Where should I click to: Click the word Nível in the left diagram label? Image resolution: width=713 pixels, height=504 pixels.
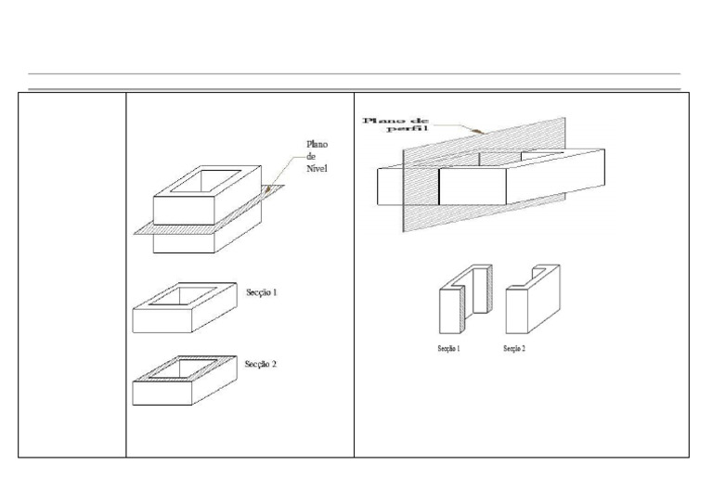[x=317, y=168]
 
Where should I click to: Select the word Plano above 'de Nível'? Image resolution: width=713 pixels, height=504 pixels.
[x=317, y=145]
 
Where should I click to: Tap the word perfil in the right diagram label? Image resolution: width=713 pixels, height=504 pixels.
[x=408, y=129]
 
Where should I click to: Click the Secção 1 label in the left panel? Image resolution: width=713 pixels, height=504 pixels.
[x=262, y=292]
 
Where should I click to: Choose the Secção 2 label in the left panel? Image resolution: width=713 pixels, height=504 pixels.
[x=261, y=364]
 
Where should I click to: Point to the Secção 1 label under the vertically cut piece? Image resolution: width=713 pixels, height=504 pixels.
[x=448, y=349]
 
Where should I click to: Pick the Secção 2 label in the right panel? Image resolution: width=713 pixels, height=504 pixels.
[x=514, y=349]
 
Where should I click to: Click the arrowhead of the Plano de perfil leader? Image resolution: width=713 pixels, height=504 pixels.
[x=476, y=132]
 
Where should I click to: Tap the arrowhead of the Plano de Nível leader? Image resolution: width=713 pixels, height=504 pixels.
[x=268, y=188]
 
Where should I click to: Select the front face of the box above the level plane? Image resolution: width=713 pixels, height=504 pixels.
[x=184, y=211]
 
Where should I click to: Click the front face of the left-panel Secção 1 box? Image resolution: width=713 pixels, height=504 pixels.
[x=162, y=320]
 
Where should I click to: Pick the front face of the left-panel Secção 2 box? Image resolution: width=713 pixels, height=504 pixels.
[x=162, y=394]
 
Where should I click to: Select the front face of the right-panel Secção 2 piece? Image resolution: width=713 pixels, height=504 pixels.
[x=516, y=311]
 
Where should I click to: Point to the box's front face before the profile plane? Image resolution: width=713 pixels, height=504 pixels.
[x=473, y=187]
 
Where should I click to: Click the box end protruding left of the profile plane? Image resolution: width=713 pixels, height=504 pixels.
[x=390, y=187]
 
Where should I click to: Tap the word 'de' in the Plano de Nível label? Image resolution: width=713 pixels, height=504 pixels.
[x=311, y=156]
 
